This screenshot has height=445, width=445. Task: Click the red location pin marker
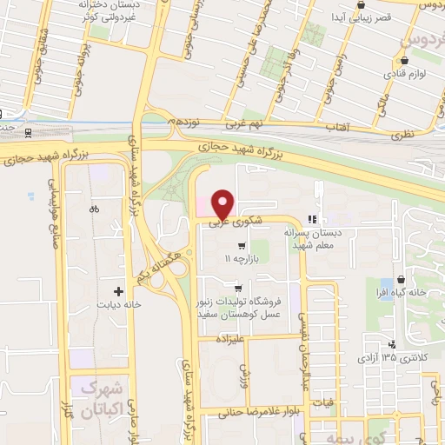click(x=222, y=203)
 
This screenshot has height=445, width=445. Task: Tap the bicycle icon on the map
click(x=95, y=210)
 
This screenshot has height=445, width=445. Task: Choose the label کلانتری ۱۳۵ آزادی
click(x=396, y=358)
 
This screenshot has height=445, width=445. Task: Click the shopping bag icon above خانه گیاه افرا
click(x=400, y=280)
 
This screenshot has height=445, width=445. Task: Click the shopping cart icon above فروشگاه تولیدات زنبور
click(x=237, y=288)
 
